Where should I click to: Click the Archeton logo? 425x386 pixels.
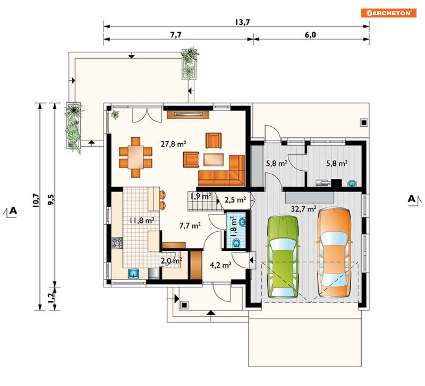tap(389, 13)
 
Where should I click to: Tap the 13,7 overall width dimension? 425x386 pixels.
tap(242, 22)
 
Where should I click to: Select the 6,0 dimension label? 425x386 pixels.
tap(311, 35)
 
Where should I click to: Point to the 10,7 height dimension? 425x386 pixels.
tap(36, 200)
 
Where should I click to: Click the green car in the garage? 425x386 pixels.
tap(283, 257)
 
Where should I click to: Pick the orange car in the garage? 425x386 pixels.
tap(334, 252)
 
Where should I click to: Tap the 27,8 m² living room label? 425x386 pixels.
tap(173, 144)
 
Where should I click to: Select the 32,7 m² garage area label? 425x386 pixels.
tap(304, 209)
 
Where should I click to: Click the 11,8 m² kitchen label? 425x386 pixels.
tap(142, 221)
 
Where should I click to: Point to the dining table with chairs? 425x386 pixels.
tap(135, 157)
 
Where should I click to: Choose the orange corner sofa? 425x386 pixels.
tap(222, 171)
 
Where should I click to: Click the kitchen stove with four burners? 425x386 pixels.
tap(117, 243)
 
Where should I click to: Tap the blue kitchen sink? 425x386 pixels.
tap(133, 274)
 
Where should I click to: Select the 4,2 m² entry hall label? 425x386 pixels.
tap(220, 265)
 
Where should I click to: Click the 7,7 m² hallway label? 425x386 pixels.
tap(190, 226)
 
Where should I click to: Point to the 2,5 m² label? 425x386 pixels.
tap(235, 200)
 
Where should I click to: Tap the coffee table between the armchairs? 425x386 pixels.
tap(214, 160)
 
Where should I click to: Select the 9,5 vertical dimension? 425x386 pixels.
tap(51, 200)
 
